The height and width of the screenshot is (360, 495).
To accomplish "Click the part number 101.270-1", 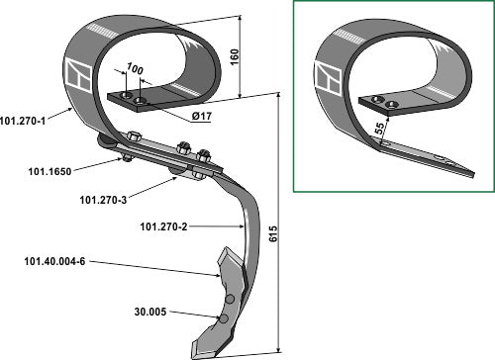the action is [23, 121].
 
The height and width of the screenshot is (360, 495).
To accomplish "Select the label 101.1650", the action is [49, 171].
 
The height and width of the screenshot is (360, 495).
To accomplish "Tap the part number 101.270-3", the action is [103, 200].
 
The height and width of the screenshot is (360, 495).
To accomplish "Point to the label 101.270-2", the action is [163, 226].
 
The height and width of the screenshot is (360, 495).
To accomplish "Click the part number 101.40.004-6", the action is [54, 261].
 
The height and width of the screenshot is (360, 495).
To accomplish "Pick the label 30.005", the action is [150, 312].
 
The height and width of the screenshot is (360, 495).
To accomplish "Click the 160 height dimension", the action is [234, 57].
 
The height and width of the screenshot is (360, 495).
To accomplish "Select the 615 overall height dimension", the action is [273, 233].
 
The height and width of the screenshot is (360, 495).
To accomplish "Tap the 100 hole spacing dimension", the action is [135, 68].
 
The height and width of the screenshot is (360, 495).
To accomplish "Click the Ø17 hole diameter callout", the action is [201, 116].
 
